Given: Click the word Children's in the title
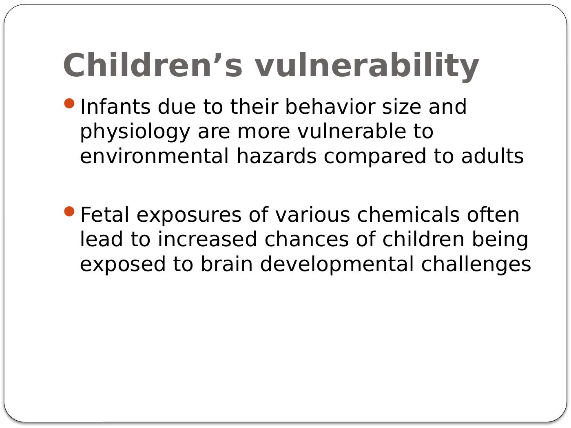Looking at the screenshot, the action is click(x=153, y=65).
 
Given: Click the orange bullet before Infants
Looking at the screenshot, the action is click(x=69, y=104).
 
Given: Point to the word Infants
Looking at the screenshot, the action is click(x=115, y=106).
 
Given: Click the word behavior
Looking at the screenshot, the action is click(x=330, y=106).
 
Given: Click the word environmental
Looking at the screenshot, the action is click(x=154, y=156).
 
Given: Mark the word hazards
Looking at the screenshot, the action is click(x=277, y=156).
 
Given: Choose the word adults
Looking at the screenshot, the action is click(x=492, y=156).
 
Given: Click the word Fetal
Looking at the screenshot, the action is click(x=105, y=214).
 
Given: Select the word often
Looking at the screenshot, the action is click(x=493, y=214).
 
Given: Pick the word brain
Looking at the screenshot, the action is click(x=227, y=264).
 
